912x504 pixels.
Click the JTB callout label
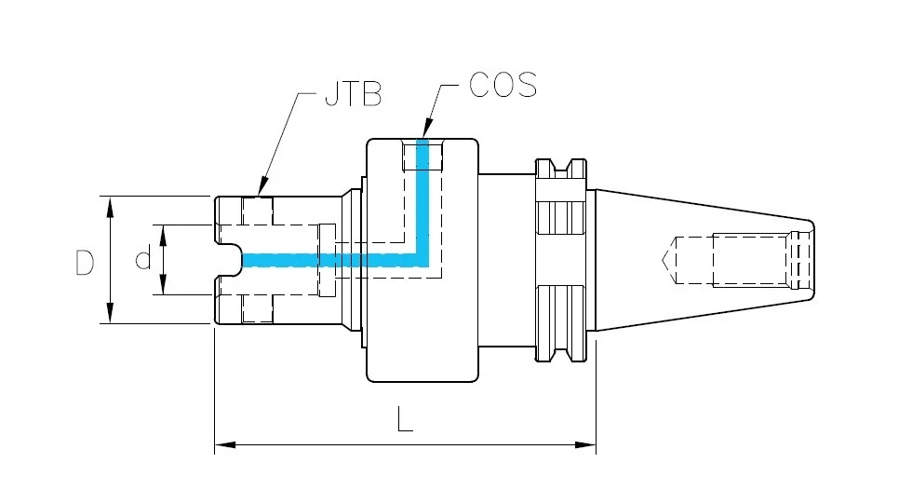click(353, 94)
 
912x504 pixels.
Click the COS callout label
click(503, 85)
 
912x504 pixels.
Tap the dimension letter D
click(85, 263)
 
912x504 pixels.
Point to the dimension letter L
click(405, 419)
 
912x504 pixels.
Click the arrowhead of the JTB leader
click(262, 187)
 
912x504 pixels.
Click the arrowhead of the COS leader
click(427, 129)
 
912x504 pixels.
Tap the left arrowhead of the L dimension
click(225, 445)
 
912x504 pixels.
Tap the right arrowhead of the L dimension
click(585, 445)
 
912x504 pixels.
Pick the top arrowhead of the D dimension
click(110, 207)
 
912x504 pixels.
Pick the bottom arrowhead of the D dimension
click(110, 312)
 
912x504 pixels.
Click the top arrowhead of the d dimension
click(164, 235)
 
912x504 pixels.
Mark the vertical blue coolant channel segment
click(422, 202)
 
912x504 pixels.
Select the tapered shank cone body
click(704, 260)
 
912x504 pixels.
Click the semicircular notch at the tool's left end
click(231, 260)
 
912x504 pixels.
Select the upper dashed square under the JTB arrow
click(258, 211)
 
